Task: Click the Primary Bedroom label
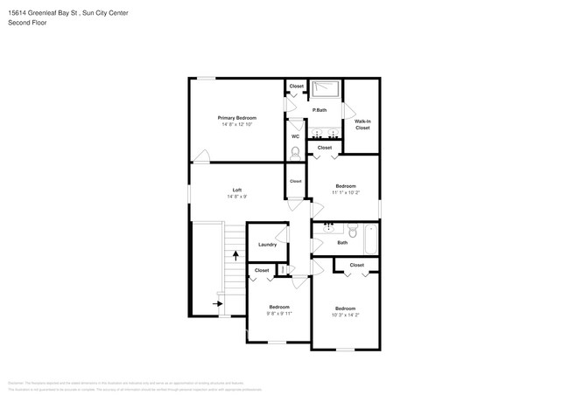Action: [x=236, y=117]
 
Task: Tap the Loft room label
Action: [x=236, y=190]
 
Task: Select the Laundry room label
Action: [x=267, y=245]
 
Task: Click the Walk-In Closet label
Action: [x=362, y=124]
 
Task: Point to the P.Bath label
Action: [x=320, y=110]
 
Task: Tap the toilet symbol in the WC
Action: [x=295, y=152]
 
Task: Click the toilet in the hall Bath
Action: [x=352, y=232]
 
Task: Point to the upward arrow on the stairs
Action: [x=235, y=255]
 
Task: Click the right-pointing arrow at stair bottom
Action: [x=217, y=304]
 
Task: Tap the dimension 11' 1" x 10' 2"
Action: [x=346, y=192]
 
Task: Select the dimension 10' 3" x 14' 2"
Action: [x=346, y=315]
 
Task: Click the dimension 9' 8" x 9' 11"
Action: [x=279, y=313]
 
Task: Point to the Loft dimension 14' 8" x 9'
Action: [x=236, y=197]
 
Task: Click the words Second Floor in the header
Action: [x=27, y=22]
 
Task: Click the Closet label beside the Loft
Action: [x=295, y=181]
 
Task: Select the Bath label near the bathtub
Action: [x=342, y=243]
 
